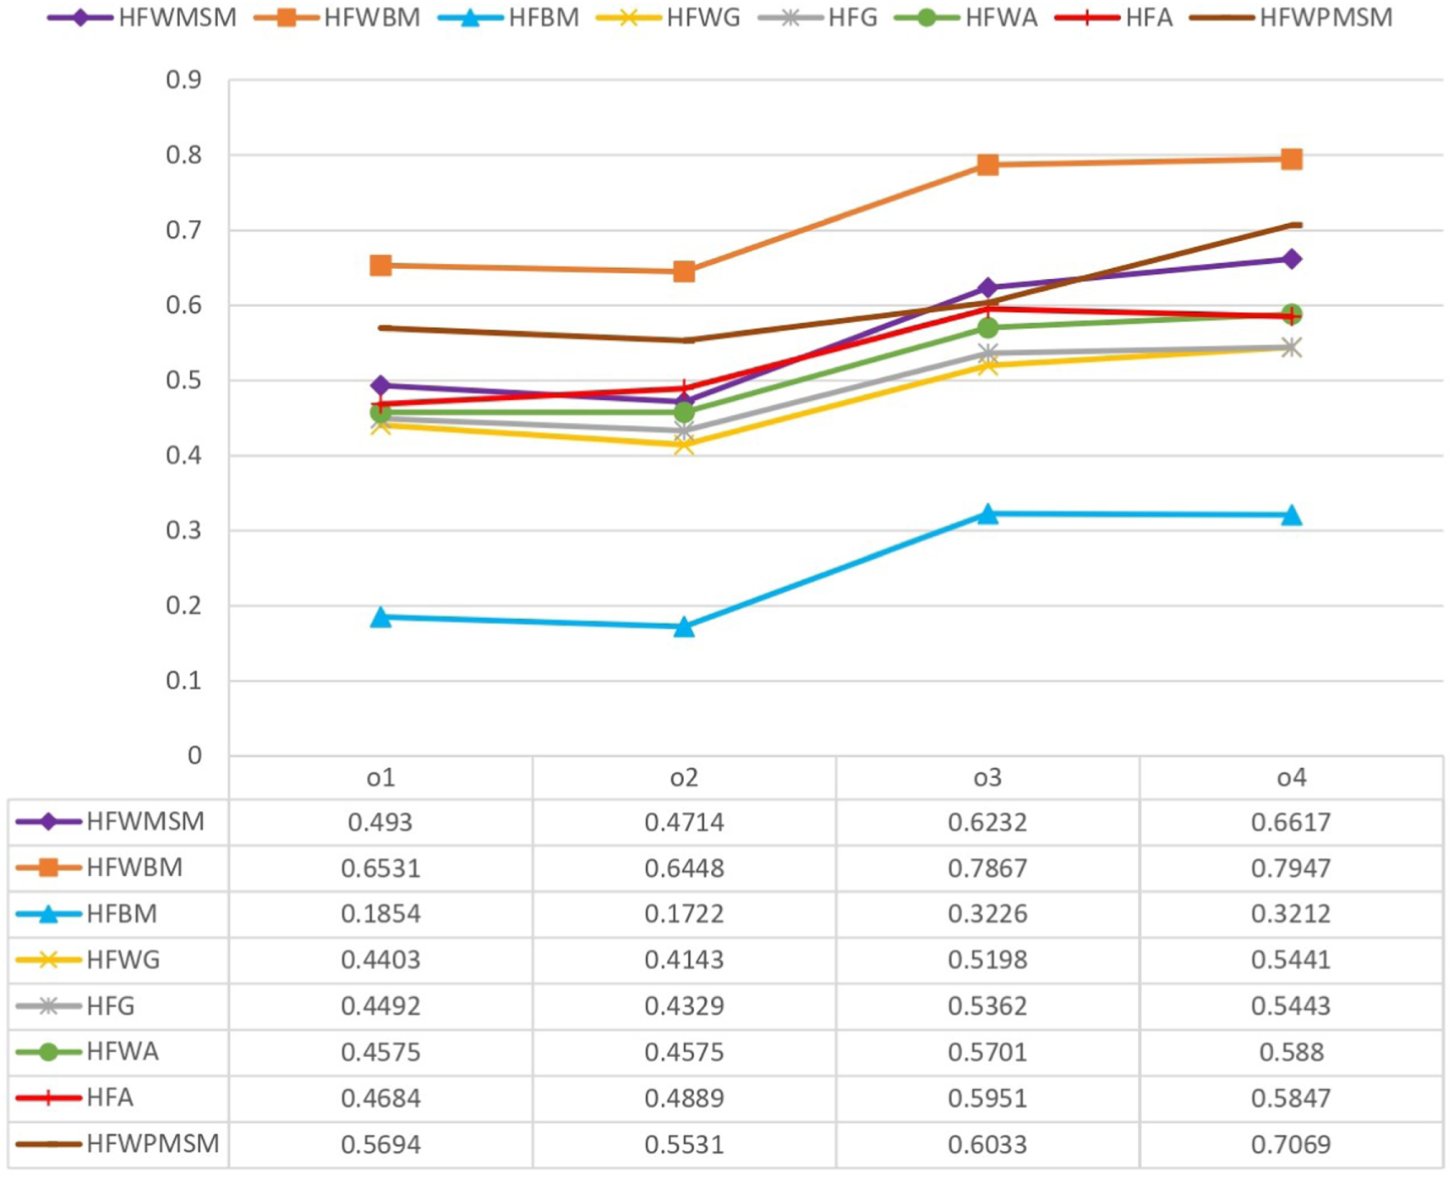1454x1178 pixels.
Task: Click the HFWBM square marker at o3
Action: pyautogui.click(x=987, y=165)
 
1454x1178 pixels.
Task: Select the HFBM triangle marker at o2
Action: pyautogui.click(x=684, y=627)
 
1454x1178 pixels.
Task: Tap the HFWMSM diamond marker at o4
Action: pyautogui.click(x=1291, y=259)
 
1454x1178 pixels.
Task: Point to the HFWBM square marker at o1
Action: pyautogui.click(x=380, y=266)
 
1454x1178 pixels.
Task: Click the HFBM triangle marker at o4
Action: pyautogui.click(x=1291, y=515)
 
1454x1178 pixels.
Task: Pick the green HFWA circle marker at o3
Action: pyautogui.click(x=987, y=327)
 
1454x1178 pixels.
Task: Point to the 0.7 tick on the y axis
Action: pyautogui.click(x=183, y=230)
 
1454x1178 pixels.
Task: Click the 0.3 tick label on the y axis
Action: pyautogui.click(x=183, y=530)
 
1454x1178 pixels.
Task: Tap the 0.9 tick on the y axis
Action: pyautogui.click(x=183, y=79)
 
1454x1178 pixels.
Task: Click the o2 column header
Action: pyautogui.click(x=684, y=777)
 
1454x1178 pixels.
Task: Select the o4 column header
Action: pyautogui.click(x=1291, y=777)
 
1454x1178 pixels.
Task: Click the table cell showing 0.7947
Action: pyautogui.click(x=1291, y=868)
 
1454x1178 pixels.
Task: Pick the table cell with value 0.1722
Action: pyautogui.click(x=684, y=913)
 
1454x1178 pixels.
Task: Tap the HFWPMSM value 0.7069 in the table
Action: pyautogui.click(x=1291, y=1144)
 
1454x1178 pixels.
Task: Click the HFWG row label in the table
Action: pyautogui.click(x=123, y=960)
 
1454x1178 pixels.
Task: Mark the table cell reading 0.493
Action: pyautogui.click(x=380, y=822)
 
